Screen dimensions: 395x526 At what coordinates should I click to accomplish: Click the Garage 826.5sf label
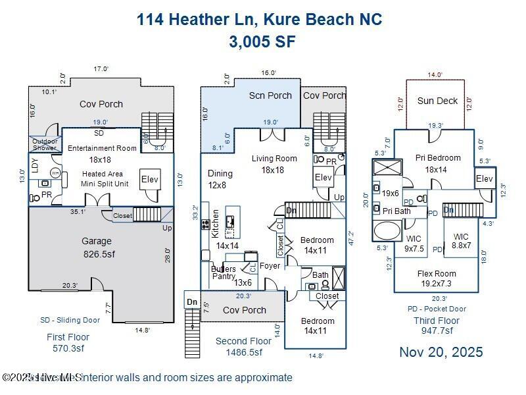[x=97, y=247]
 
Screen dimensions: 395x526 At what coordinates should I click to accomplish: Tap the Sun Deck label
[x=437, y=101]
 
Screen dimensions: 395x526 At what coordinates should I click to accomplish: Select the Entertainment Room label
[x=102, y=148]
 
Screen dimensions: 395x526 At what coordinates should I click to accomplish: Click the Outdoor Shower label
[x=45, y=144]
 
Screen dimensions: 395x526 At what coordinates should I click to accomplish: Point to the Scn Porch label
[x=270, y=95]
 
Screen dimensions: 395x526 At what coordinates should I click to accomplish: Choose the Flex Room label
[x=437, y=278]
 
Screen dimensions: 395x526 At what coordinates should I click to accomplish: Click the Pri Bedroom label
[x=438, y=163]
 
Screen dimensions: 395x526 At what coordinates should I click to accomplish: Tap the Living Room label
[x=274, y=163]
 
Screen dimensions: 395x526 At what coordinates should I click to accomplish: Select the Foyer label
[x=270, y=266]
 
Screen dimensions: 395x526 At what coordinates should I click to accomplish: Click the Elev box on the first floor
[x=150, y=180]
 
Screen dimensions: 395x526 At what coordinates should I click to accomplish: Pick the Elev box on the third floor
[x=484, y=179]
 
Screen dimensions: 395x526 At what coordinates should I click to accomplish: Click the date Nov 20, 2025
[x=441, y=352]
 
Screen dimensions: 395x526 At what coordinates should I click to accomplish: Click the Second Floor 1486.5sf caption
[x=243, y=346]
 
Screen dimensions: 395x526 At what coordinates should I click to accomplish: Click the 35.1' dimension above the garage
[x=78, y=212]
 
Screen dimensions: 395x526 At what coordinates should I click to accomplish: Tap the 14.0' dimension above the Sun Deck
[x=435, y=75]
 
